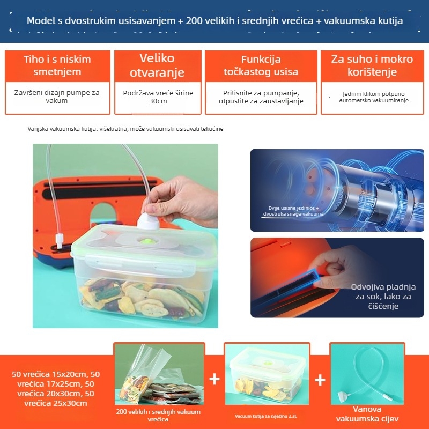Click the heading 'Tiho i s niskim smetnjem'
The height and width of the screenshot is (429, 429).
pos(57,65)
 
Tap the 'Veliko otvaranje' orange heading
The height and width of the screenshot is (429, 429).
pos(158,65)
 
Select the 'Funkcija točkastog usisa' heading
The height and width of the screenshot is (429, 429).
pos(261,65)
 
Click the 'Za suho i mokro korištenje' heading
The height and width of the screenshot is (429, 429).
pos(372,65)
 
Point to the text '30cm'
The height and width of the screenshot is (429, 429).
pos(158,101)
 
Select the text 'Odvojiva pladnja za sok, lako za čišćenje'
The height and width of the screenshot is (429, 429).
pos(383,297)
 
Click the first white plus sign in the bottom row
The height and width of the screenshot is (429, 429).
pos(214,380)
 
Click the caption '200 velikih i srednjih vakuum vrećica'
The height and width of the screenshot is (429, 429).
pos(158,416)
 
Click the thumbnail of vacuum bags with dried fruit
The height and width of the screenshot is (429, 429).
pos(159,375)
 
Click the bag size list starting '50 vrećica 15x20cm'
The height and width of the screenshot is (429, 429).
pos(57,388)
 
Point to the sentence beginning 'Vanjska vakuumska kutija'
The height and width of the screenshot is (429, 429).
pos(125,129)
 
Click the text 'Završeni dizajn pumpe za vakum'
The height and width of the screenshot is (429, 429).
pos(57,97)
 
